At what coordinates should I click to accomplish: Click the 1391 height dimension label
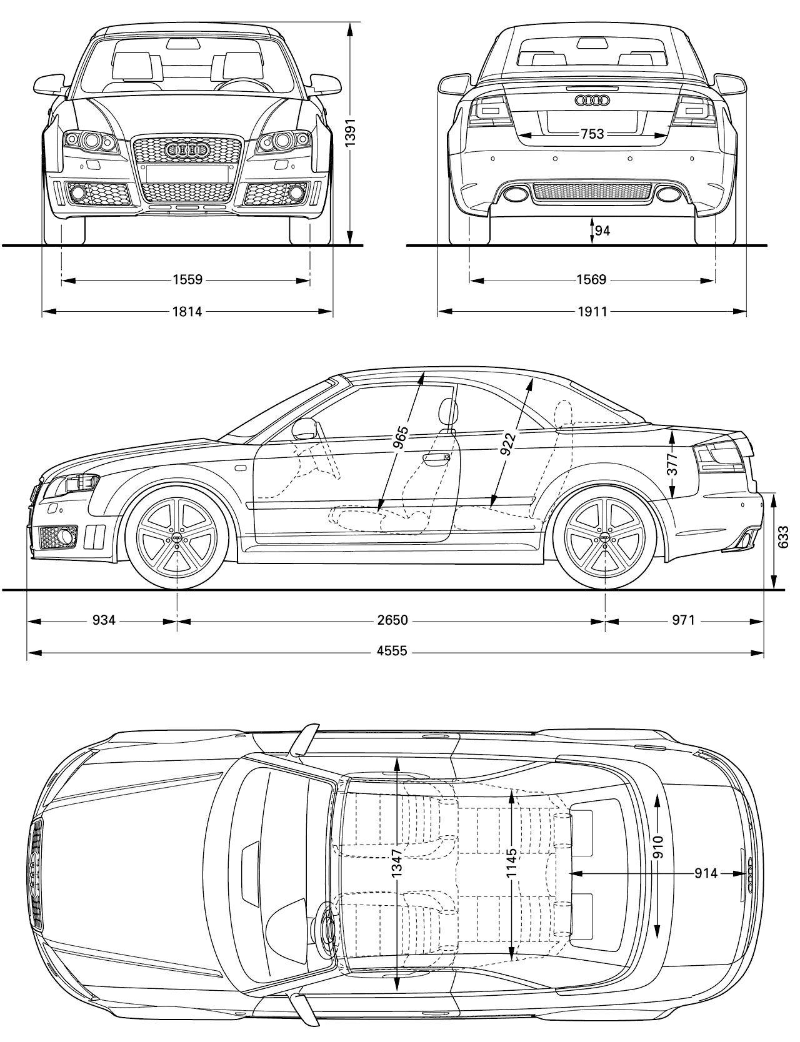pos(351,133)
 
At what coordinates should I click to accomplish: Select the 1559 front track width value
pos(187,280)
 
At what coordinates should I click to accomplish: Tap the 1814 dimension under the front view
pos(187,311)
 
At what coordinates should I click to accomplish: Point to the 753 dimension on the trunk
pos(592,134)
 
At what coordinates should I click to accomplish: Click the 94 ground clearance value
pos(602,231)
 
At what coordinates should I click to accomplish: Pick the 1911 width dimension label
pos(592,311)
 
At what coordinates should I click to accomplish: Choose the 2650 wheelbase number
pos(392,620)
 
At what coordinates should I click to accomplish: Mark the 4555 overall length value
pos(392,652)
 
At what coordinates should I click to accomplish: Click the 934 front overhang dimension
pos(104,620)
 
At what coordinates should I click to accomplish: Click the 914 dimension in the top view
pos(706,873)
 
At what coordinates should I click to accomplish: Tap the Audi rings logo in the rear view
pos(592,99)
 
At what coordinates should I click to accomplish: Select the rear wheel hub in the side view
pos(605,538)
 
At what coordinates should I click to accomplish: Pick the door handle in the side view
pos(437,459)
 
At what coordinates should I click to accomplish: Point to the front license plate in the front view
pos(187,173)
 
